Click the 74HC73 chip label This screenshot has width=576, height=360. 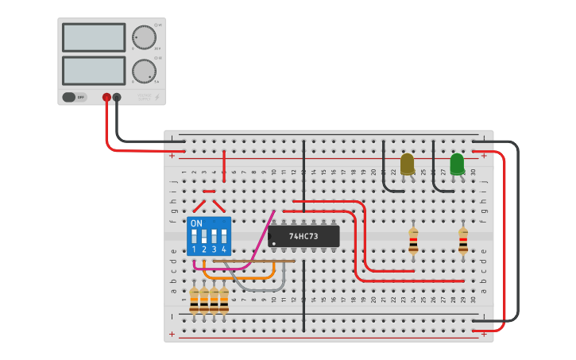(303, 236)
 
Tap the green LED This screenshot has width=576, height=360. (457, 164)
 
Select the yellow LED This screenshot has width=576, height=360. (407, 164)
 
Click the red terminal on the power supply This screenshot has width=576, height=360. (106, 97)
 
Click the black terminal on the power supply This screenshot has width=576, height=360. (117, 97)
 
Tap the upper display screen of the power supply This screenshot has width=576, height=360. (94, 37)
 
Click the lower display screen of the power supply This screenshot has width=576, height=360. (94, 71)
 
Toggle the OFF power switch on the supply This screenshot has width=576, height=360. (74, 97)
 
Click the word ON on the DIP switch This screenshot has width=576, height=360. (196, 224)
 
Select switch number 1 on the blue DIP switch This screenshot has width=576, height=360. (194, 238)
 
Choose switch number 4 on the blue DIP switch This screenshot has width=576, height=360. (224, 238)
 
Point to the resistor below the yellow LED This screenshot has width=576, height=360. (413, 241)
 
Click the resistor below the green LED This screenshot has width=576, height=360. (463, 241)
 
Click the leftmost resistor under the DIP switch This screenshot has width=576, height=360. (194, 300)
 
